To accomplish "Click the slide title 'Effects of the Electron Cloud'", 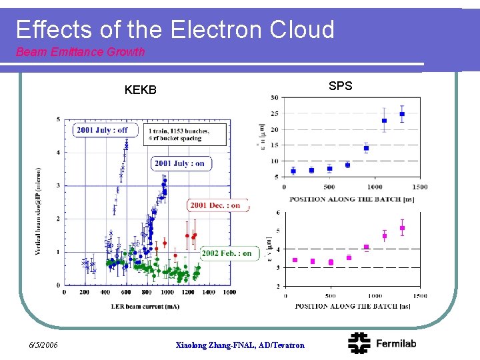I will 175,30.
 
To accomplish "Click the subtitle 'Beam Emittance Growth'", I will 80,52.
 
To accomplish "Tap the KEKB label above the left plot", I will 140,89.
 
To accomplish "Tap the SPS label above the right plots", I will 340,85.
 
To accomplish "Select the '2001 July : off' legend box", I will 101,130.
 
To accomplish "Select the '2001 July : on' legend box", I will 179,163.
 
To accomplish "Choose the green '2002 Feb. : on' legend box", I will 227,253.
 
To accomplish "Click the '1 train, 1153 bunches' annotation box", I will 179,134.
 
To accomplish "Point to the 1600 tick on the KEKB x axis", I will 230,292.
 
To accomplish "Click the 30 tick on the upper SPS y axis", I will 275,98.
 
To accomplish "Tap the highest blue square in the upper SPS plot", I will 402,114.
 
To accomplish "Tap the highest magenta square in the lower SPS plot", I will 402,228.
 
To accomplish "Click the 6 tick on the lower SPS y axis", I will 278,213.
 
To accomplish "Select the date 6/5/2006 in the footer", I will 44,345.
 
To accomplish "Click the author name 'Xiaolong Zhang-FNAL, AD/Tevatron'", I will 239,345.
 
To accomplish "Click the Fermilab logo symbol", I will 361,343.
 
